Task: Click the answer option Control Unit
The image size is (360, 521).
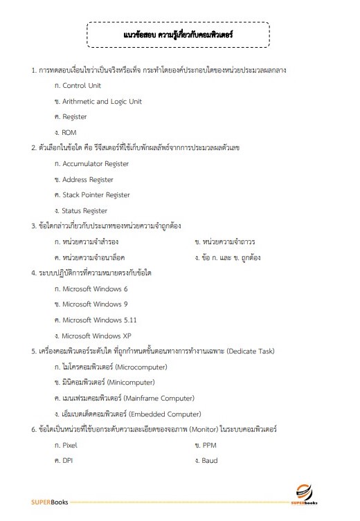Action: click(81, 86)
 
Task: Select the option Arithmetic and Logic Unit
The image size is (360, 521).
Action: click(102, 101)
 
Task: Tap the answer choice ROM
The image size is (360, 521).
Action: click(70, 132)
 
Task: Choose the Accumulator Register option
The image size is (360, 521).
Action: click(96, 164)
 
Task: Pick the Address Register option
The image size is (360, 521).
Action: click(88, 179)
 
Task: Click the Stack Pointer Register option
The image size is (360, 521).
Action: click(96, 195)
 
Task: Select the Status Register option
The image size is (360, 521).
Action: click(84, 210)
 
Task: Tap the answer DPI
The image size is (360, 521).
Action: click(68, 460)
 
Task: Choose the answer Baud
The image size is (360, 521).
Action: click(210, 460)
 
